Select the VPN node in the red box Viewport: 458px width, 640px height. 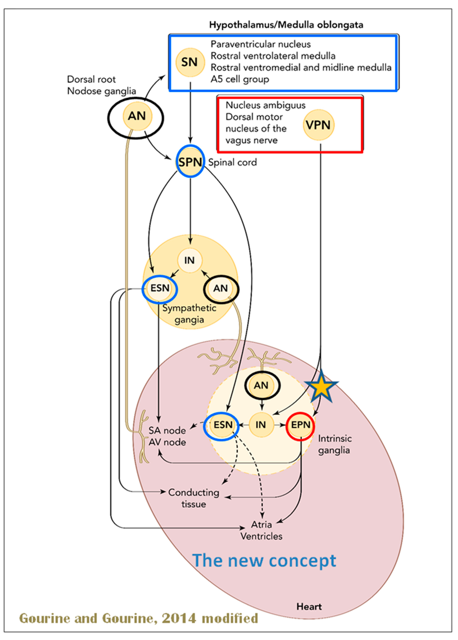point(318,125)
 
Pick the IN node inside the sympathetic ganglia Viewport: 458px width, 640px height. point(190,260)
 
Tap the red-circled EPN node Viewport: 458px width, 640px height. point(301,425)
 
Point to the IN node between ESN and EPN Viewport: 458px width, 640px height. point(261,425)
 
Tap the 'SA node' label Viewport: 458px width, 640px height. point(167,431)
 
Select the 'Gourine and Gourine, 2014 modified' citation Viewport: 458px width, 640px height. point(138,618)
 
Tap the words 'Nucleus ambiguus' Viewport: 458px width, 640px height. point(265,105)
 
